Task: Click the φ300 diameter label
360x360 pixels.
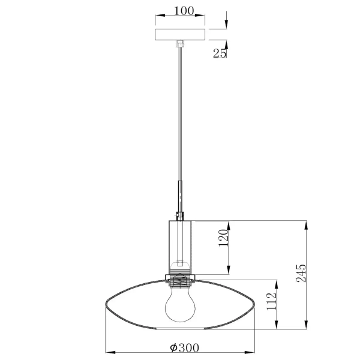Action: click(x=184, y=347)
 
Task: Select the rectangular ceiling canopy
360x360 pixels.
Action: click(x=179, y=34)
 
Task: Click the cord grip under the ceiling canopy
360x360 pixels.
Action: click(x=179, y=43)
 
